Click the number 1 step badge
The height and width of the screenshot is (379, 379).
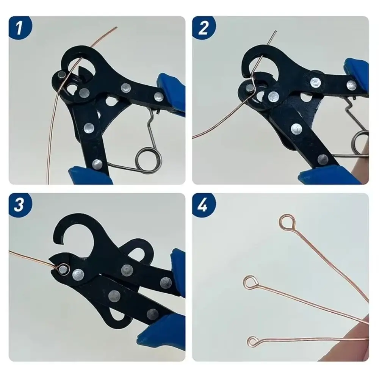19,27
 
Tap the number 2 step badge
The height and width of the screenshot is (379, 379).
204,27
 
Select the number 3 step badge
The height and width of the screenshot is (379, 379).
19,205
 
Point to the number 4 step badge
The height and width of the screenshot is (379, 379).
204,205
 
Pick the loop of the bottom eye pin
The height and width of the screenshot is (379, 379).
253,340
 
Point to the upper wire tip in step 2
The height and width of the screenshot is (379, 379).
276,32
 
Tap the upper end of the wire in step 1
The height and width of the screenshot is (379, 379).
116,27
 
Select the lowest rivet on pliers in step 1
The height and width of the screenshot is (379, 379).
97,164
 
